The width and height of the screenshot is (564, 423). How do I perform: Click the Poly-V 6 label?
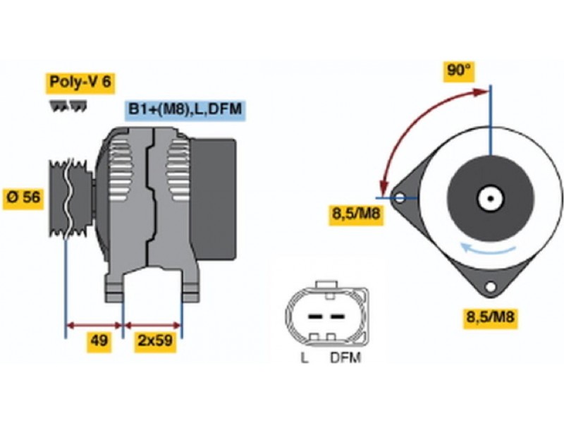80,82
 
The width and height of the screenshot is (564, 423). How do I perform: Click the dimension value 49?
98,342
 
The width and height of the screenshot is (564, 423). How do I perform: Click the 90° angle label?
459,70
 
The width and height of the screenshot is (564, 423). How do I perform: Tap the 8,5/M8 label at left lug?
357,214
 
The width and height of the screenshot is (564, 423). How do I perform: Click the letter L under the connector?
305,358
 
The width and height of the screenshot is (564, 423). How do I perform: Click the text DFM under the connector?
345,358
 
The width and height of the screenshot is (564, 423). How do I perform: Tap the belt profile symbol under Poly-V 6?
68,106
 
